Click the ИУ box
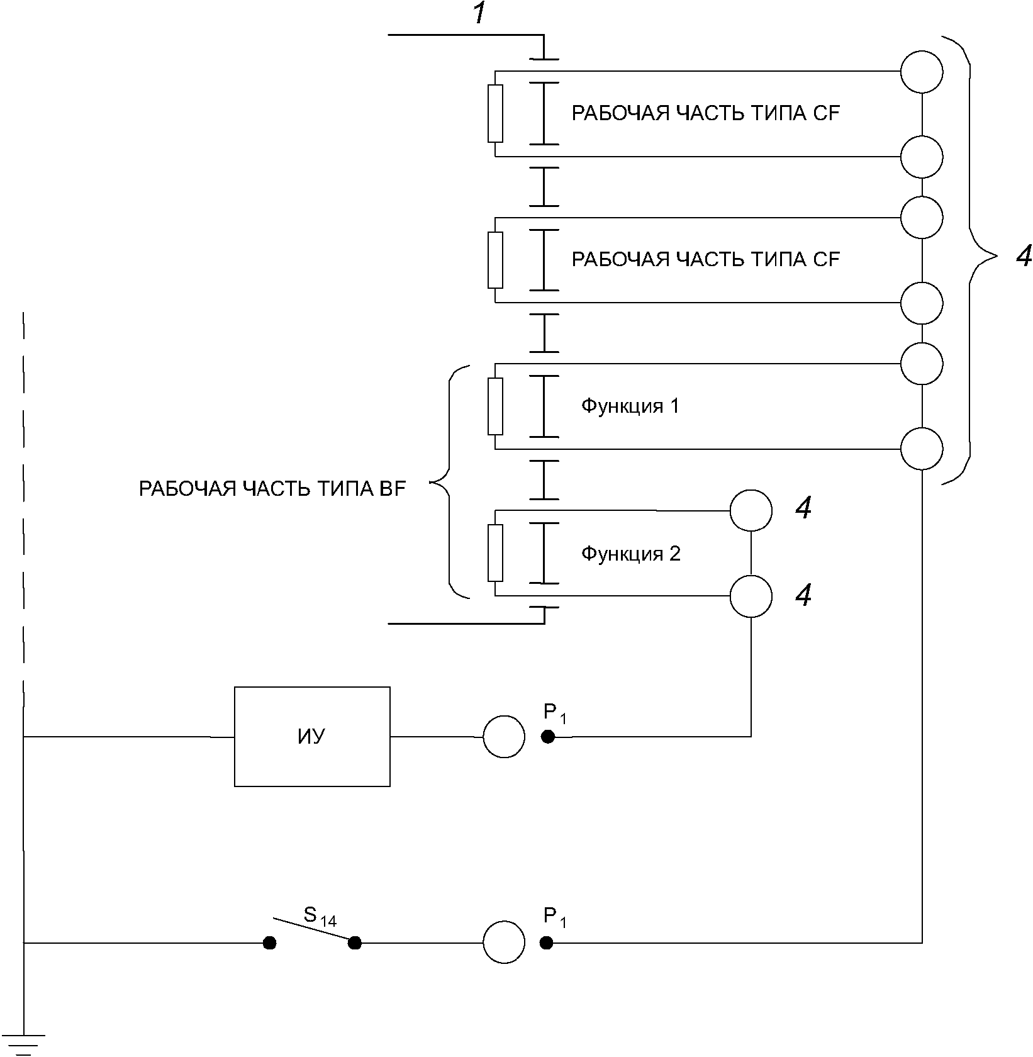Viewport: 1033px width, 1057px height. click(x=312, y=736)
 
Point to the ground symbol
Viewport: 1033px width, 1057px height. click(x=25, y=1045)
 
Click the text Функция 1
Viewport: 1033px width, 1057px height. click(x=630, y=406)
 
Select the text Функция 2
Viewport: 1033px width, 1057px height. click(x=630, y=554)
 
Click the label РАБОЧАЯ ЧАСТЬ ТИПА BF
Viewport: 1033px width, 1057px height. click(x=272, y=489)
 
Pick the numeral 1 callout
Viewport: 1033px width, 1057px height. click(x=479, y=14)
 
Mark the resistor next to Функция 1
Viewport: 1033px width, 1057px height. click(x=495, y=406)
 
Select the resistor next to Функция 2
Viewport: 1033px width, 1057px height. click(x=495, y=553)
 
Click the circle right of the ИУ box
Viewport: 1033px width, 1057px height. click(x=503, y=736)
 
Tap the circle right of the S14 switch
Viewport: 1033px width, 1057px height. click(x=503, y=942)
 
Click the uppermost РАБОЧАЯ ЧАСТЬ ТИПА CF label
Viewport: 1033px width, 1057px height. click(x=705, y=113)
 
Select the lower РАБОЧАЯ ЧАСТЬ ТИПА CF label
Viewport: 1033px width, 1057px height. click(x=705, y=259)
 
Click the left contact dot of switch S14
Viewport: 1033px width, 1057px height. click(x=269, y=942)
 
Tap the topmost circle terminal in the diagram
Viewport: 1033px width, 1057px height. click(x=921, y=72)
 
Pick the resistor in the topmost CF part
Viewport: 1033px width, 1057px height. click(x=495, y=114)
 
